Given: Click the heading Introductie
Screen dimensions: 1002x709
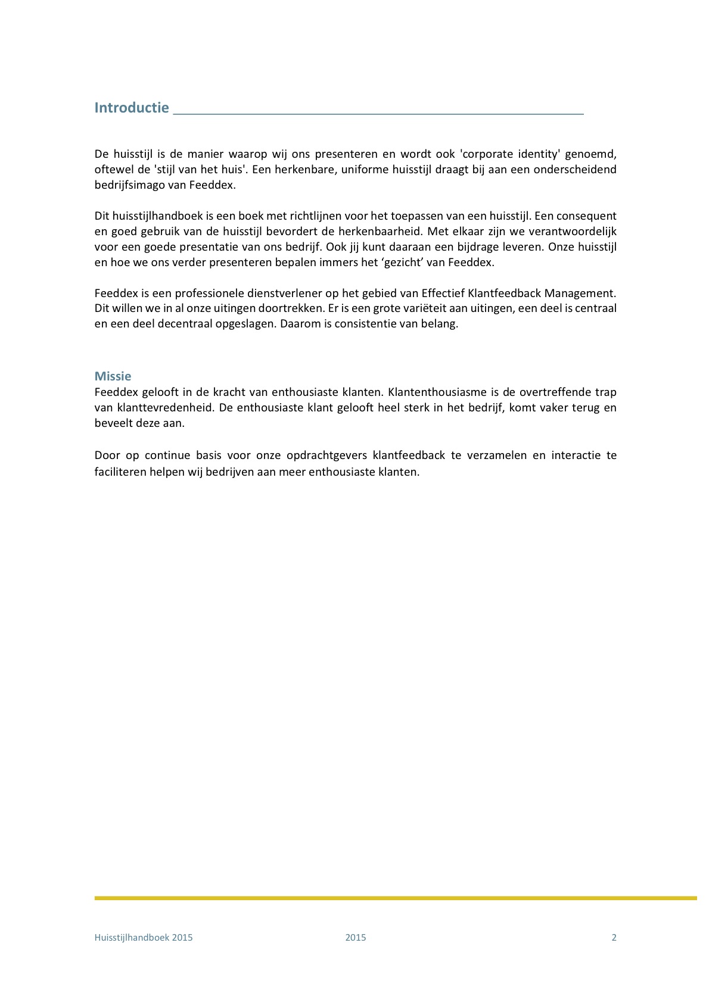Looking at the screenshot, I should [132, 108].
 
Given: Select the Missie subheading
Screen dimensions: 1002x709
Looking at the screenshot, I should [113, 376].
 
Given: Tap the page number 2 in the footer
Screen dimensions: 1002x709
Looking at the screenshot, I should [614, 938].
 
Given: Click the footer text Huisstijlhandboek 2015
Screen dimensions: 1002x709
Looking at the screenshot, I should [144, 938].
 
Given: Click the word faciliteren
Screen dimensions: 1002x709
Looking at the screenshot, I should [118, 472].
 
